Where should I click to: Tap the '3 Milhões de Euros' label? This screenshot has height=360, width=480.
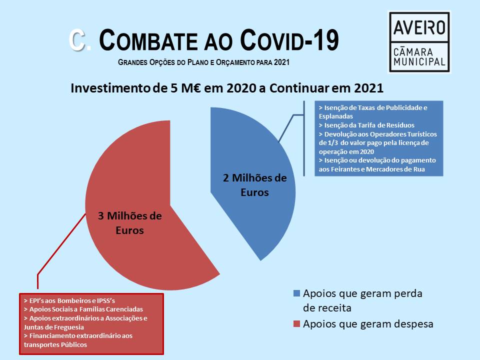pos(130,223)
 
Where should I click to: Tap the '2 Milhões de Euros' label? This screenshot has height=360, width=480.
pos(254,185)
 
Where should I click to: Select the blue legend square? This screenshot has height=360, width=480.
pos(296,293)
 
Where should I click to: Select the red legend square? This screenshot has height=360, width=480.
pos(296,324)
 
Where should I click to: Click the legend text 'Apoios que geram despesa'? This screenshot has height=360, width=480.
pos(368,324)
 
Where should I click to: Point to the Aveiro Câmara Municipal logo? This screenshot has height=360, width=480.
pos(419,42)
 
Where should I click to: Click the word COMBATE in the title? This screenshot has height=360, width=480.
pos(148,40)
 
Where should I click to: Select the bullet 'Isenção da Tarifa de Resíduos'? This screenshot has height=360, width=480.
pos(366,125)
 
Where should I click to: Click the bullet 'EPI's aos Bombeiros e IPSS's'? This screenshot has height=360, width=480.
pos(69,300)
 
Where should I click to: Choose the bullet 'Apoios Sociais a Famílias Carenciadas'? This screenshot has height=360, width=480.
pos(83,309)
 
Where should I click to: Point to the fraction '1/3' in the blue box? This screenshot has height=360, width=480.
pos(333,143)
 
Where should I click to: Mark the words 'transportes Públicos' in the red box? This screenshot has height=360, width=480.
pos(55,344)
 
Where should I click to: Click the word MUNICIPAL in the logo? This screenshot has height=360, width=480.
pos(419,62)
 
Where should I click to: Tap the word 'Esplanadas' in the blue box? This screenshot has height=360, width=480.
pos(336,116)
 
